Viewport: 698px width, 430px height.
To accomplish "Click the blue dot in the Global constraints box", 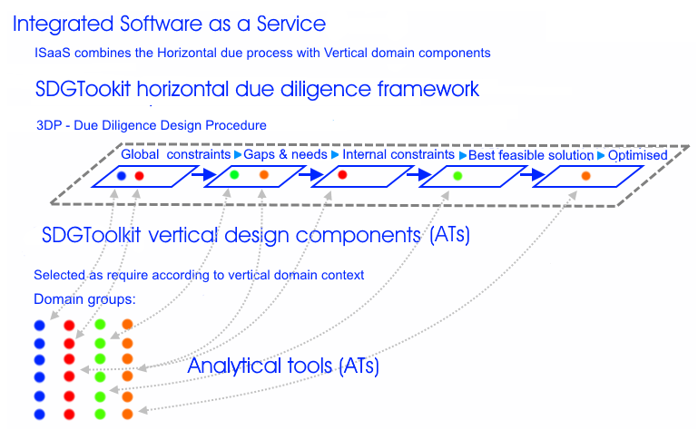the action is [x=122, y=176].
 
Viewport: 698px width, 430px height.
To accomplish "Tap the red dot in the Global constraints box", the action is [x=140, y=176].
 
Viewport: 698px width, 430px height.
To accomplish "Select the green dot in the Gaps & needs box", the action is [x=234, y=175].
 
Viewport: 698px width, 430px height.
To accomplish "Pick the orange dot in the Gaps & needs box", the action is [x=264, y=175].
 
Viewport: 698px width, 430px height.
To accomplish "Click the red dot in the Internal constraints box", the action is [x=342, y=175].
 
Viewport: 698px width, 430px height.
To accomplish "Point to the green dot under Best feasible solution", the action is [x=457, y=176].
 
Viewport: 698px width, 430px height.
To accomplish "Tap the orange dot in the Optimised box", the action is [x=585, y=176].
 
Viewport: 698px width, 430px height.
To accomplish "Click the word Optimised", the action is [x=637, y=155].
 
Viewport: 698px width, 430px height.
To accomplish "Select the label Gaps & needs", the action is [x=285, y=154].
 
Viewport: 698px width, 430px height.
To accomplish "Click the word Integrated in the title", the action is [x=64, y=24].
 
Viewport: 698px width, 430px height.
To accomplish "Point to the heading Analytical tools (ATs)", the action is [x=283, y=366].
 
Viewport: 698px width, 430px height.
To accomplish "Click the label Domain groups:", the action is [x=84, y=299].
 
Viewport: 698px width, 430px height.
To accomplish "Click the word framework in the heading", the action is [x=428, y=89].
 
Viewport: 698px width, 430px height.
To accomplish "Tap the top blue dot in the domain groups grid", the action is [x=40, y=326].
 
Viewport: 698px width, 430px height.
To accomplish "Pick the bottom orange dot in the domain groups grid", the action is [x=127, y=414].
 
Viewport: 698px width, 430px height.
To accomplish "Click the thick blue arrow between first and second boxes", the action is [x=204, y=174].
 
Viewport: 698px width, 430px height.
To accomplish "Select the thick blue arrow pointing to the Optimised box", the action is [x=533, y=174].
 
